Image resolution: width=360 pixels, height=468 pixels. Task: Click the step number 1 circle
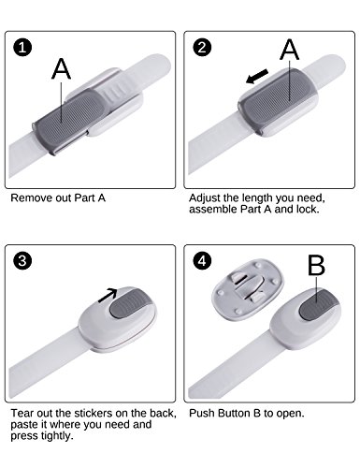click(x=22, y=48)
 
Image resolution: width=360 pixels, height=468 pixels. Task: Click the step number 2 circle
click(x=202, y=48)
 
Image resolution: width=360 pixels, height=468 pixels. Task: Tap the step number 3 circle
click(x=22, y=261)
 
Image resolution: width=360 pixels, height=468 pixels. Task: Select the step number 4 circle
click(x=202, y=261)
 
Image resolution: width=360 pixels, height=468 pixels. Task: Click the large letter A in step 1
click(x=61, y=68)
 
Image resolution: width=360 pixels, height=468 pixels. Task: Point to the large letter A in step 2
click(x=290, y=49)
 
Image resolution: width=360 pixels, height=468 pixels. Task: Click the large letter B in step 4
click(x=316, y=266)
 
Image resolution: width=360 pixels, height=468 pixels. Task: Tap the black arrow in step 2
click(x=257, y=77)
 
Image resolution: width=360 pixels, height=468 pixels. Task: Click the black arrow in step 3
click(x=108, y=295)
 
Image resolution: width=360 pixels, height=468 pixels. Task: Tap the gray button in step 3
click(x=130, y=303)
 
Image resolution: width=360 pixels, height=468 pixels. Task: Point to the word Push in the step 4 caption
click(x=202, y=413)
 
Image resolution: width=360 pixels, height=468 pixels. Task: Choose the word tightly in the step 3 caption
click(x=57, y=436)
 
